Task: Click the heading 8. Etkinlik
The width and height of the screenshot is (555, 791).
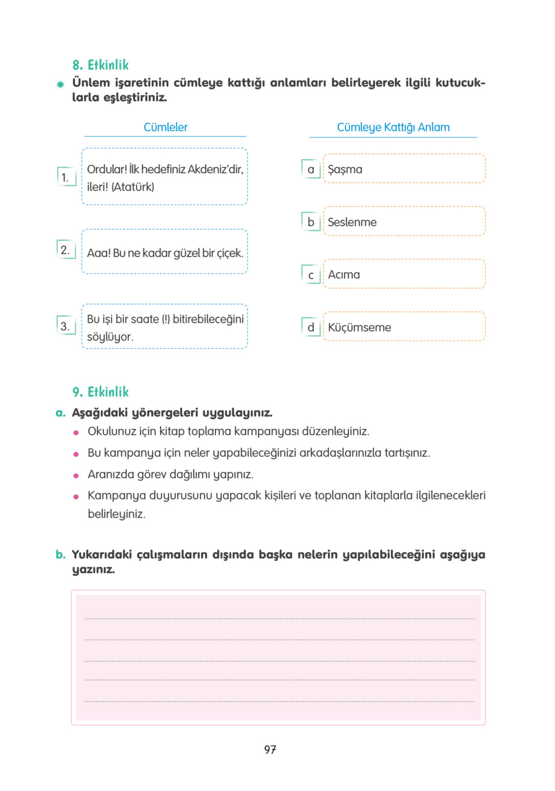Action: point(100,65)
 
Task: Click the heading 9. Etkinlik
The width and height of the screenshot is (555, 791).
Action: point(100,392)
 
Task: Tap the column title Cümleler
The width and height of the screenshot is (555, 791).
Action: point(165,127)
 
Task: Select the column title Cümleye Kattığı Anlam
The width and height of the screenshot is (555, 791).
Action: point(393,127)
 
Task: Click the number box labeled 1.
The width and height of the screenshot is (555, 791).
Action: point(66,177)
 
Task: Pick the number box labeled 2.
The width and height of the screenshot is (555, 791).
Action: point(66,249)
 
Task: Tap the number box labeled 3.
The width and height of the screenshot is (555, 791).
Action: point(66,326)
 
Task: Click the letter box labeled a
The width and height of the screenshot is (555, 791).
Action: point(310,169)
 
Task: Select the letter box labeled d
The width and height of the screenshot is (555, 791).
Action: point(310,327)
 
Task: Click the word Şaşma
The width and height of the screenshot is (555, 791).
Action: point(345,169)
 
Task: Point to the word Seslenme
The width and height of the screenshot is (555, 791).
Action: point(352,222)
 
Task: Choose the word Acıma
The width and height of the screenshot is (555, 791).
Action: point(344,274)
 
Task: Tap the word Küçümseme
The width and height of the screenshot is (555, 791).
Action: point(359,327)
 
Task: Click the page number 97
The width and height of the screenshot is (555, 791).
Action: point(270,749)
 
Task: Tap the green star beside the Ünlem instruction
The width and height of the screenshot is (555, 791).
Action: point(60,85)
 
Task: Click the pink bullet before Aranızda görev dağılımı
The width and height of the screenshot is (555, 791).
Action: point(76,476)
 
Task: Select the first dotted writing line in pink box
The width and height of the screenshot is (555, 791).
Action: point(279,618)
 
